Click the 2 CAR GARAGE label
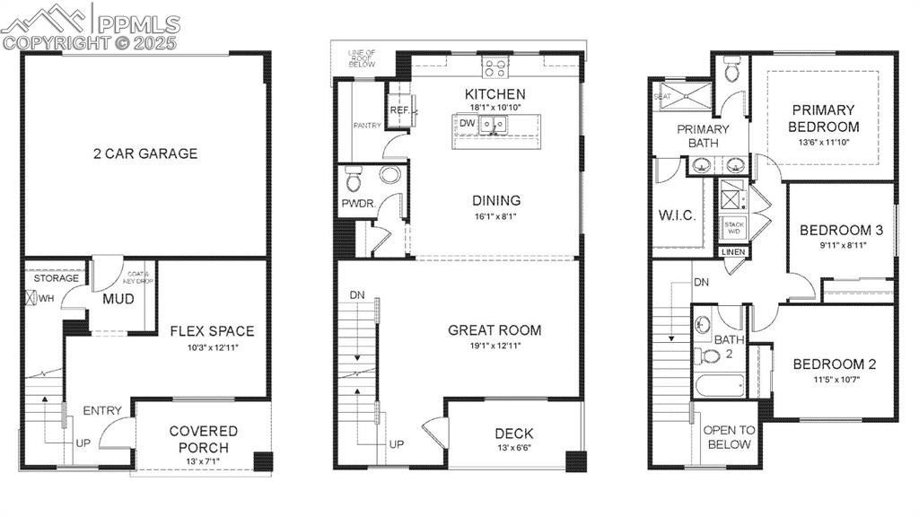[144, 153]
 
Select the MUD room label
[118, 299]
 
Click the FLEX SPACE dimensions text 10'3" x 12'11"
[212, 346]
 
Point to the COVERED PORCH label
[204, 440]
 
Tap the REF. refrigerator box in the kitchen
[399, 110]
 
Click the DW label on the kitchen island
[467, 124]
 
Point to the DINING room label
[496, 201]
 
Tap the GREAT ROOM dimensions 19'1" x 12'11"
[495, 346]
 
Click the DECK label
[513, 434]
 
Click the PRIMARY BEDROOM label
[824, 118]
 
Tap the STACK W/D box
[734, 228]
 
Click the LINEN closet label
[733, 253]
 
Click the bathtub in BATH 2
[720, 387]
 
